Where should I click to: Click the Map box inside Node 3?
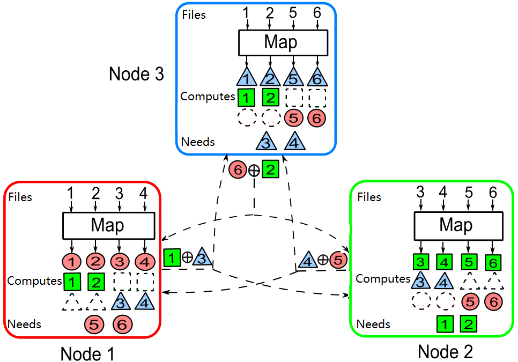click(282, 42)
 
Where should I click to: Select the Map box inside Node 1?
click(108, 225)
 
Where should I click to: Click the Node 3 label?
click(136, 74)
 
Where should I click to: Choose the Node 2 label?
click(445, 352)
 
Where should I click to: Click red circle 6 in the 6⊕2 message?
click(238, 170)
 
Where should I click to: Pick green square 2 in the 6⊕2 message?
click(270, 170)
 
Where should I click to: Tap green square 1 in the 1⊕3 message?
click(172, 257)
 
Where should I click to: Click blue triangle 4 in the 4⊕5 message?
click(307, 261)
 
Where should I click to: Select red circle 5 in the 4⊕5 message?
click(338, 260)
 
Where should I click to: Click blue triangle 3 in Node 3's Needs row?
click(267, 142)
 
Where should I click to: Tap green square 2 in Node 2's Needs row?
click(468, 324)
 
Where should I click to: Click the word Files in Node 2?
click(369, 197)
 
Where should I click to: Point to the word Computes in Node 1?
click(34, 280)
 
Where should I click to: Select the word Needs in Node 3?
click(198, 142)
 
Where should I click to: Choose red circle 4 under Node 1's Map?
click(144, 262)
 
